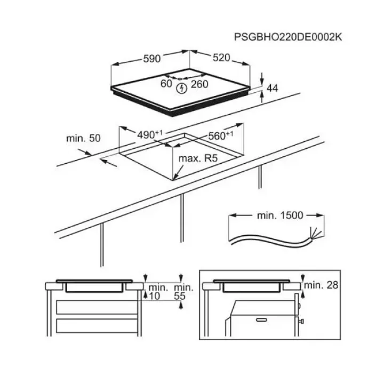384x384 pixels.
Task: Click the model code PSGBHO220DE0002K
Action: click(x=288, y=37)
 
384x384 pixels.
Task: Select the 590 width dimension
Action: click(x=152, y=59)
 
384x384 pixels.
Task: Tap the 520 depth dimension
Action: click(x=221, y=58)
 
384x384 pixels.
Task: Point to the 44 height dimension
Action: click(x=272, y=88)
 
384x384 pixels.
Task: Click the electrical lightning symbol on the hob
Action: click(x=182, y=88)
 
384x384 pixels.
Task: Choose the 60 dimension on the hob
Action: click(x=166, y=84)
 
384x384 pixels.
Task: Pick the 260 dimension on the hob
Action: click(x=199, y=84)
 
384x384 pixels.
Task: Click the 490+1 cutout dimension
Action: click(x=150, y=134)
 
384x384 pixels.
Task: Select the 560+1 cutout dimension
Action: click(x=221, y=135)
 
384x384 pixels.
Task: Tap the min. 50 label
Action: click(x=84, y=138)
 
